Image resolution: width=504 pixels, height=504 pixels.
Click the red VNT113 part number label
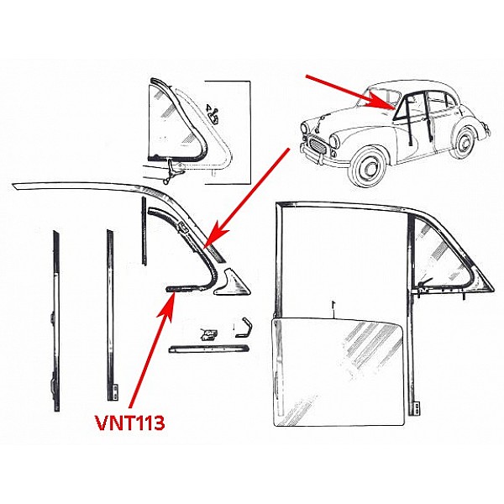[x=130, y=423]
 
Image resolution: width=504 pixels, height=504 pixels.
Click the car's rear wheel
[x=464, y=142]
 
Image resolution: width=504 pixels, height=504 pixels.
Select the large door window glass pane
[x=338, y=371]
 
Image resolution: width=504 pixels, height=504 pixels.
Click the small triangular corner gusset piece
[x=232, y=282]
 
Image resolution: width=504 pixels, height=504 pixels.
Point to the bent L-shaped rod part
[x=244, y=328]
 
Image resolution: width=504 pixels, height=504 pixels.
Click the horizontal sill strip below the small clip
[x=209, y=349]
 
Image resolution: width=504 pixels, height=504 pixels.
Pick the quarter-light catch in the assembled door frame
[x=423, y=285]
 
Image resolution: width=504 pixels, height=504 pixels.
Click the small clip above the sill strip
[x=208, y=334]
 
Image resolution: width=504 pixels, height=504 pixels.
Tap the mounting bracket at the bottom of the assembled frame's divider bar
[x=417, y=407]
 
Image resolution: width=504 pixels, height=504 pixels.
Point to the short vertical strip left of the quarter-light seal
[x=144, y=231]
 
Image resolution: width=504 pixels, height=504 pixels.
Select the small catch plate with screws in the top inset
[x=213, y=114]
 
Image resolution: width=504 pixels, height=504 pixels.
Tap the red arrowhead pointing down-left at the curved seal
[x=215, y=235]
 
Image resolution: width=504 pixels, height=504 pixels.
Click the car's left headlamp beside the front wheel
[x=334, y=141]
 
